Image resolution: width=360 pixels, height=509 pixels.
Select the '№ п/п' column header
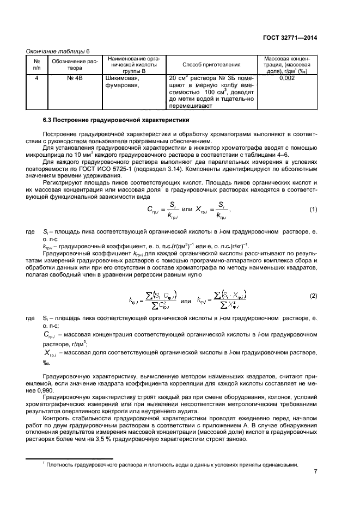36,65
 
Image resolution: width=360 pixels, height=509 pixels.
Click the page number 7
315,471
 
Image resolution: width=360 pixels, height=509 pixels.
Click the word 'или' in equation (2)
186,300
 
